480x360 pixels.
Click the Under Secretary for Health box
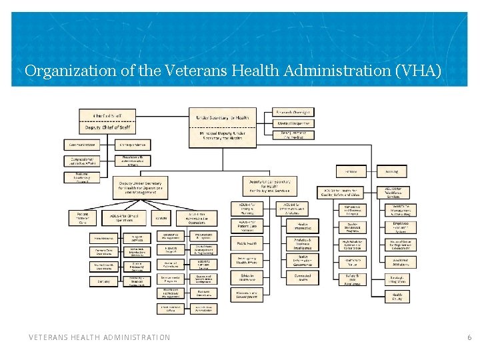click(x=223, y=117)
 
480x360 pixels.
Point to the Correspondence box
click(x=133, y=144)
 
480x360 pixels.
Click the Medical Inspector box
click(x=294, y=123)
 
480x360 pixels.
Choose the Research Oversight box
click(x=294, y=111)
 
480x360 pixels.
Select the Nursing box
click(x=392, y=171)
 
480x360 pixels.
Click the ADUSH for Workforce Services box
click(x=392, y=191)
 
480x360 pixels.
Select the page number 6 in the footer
click(x=469, y=338)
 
